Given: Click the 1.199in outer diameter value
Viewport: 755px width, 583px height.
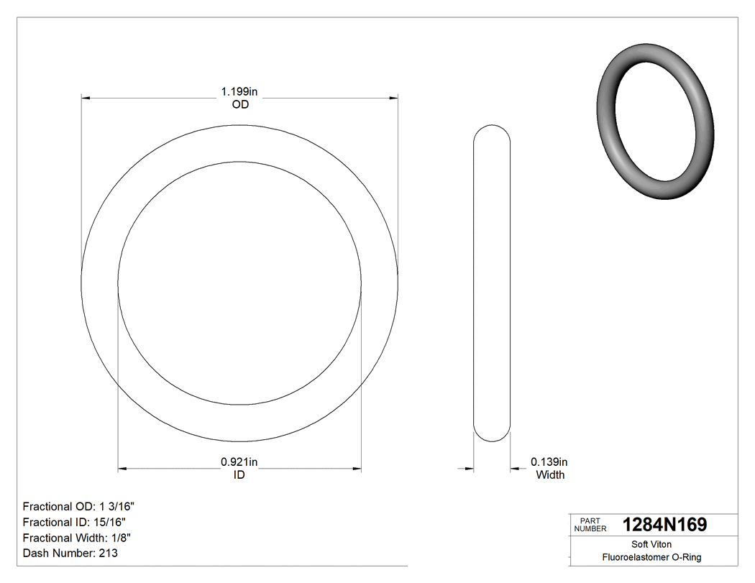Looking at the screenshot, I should coord(239,92).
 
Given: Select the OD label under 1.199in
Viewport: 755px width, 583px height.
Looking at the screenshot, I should coord(239,105).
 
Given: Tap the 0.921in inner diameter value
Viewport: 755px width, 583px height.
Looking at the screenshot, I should coord(239,462).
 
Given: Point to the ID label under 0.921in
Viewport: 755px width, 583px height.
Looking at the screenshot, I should coord(239,475).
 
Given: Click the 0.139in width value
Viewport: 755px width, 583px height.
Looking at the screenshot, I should coord(549,462).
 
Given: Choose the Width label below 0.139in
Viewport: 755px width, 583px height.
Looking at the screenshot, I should coord(550,475).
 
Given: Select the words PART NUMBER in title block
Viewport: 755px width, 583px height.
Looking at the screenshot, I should coord(590,525).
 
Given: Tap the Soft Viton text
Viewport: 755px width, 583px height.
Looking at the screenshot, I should coord(651,544).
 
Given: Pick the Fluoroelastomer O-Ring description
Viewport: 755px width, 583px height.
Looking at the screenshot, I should coord(651,557).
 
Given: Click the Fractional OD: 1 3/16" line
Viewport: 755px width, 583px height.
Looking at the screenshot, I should coord(79,506).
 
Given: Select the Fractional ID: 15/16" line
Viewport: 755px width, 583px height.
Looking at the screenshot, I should coord(76,522).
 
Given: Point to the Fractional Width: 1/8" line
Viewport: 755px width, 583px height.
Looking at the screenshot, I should coord(77,538).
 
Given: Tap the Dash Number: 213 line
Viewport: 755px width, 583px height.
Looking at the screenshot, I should coord(70,554).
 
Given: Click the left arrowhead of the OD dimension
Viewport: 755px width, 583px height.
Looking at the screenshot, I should coord(86,97).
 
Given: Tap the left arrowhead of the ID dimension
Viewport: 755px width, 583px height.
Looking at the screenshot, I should coord(122,469).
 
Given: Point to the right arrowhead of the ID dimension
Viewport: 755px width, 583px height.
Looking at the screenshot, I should coord(357,469).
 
